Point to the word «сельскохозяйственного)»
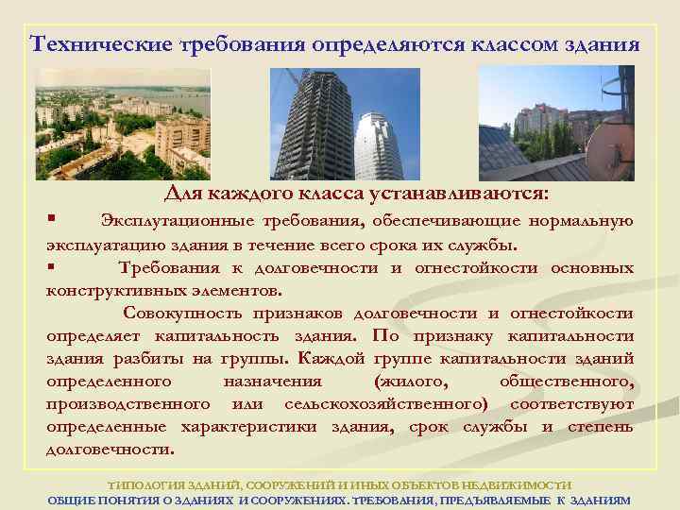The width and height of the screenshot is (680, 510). (x=388, y=404)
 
